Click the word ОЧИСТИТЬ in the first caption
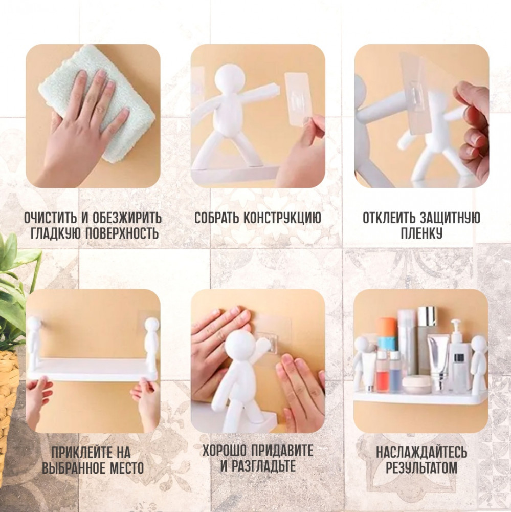pyautogui.click(x=51, y=218)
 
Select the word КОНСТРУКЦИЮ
pyautogui.click(x=282, y=218)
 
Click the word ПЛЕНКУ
pyautogui.click(x=421, y=233)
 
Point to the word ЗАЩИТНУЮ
pyautogui.click(x=450, y=218)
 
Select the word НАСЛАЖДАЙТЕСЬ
pyautogui.click(x=421, y=452)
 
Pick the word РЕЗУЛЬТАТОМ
pyautogui.click(x=421, y=468)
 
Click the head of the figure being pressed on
pyautogui.click(x=240, y=346)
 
